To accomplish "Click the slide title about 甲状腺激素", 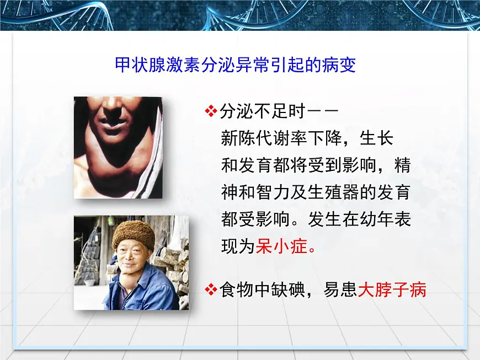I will point(234,65).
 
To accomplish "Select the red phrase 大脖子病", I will point(392,289).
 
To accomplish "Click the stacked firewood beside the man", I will point(174,265).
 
